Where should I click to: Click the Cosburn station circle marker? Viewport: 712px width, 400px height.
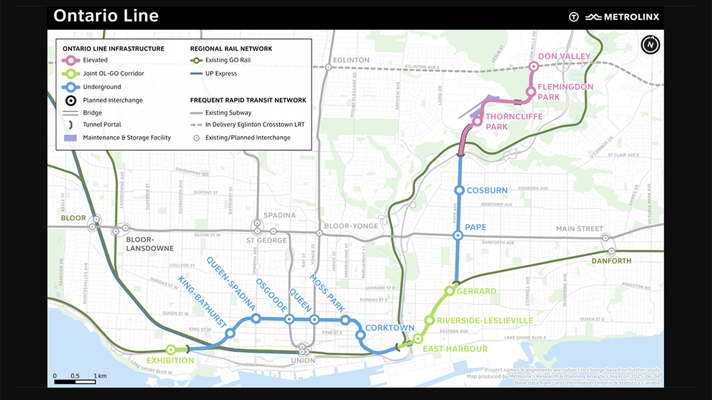(459, 191)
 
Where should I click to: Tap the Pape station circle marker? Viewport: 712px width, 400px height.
(458, 236)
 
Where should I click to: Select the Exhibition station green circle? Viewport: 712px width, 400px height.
(171, 349)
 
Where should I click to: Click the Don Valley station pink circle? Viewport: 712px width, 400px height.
(533, 67)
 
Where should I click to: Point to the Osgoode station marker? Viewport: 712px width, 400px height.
(289, 319)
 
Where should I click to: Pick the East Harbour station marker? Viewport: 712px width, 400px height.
(418, 338)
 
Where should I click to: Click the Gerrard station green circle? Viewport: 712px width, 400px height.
(449, 291)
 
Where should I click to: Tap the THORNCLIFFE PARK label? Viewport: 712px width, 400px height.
(513, 122)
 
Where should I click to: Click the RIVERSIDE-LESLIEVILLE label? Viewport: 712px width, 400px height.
(485, 321)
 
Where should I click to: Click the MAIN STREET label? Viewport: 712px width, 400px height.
(580, 229)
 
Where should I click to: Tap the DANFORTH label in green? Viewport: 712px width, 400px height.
(611, 261)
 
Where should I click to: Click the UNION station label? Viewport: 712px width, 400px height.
(303, 361)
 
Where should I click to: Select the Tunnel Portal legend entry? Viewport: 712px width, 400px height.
(102, 124)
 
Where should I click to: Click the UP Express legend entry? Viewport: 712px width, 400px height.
(221, 73)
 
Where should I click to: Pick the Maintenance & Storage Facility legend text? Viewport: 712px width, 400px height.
(127, 138)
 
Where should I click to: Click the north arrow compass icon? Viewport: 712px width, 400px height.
(650, 44)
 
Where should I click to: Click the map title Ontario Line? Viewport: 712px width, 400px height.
(106, 16)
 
